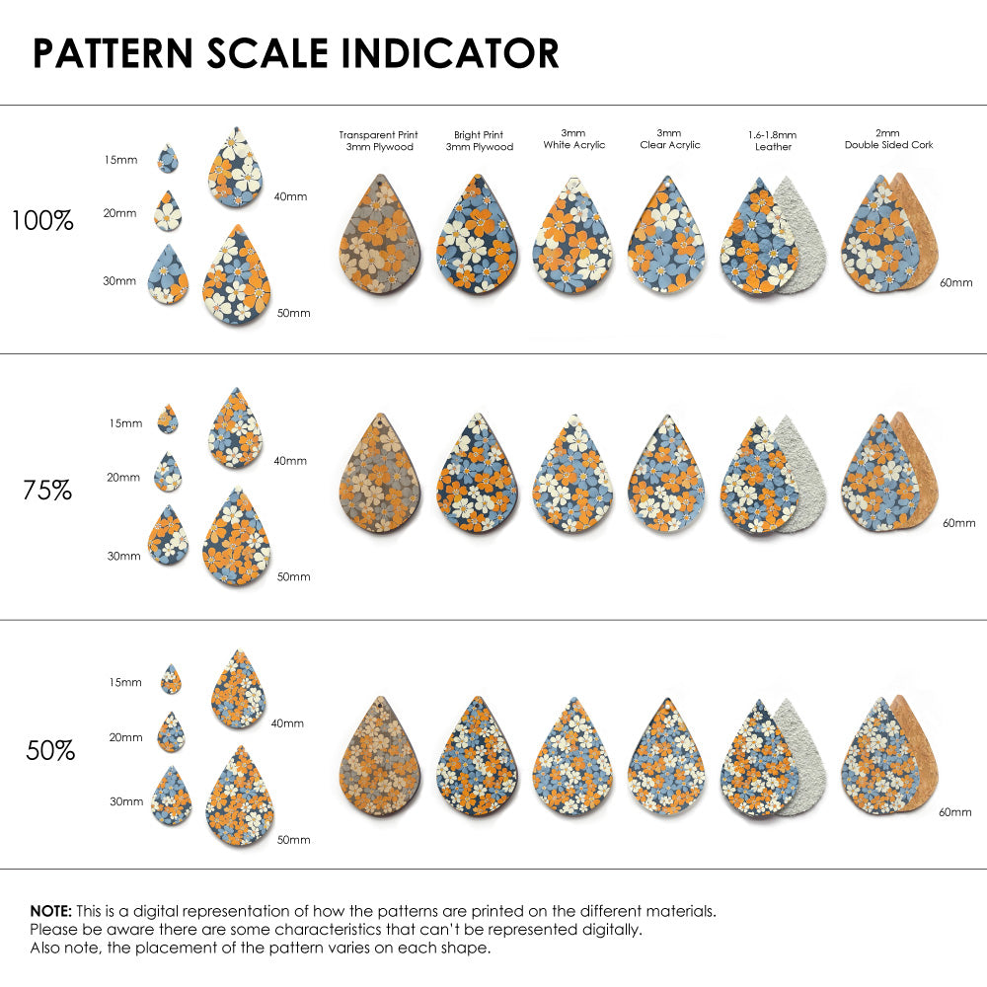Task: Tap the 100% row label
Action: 42,220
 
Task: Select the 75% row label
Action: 47,489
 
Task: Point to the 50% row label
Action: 50,750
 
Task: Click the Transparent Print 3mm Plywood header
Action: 378,140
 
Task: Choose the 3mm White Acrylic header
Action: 573,139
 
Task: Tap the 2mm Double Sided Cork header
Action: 888,139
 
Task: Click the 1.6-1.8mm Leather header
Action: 773,140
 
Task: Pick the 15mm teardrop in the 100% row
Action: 168,159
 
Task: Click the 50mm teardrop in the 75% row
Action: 237,538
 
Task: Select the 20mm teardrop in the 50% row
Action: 171,732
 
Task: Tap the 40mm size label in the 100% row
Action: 290,196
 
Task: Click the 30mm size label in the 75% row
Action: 124,556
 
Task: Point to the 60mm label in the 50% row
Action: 956,811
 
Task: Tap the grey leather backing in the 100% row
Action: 801,237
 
